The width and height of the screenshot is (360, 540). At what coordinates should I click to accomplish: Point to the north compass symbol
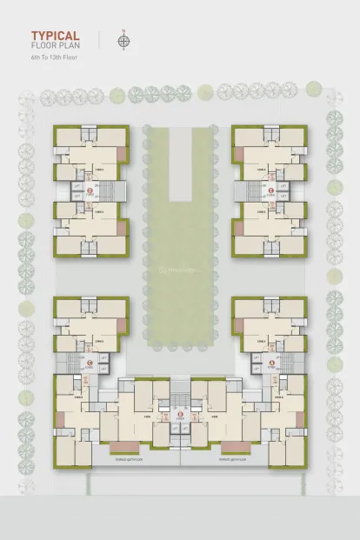click(x=124, y=40)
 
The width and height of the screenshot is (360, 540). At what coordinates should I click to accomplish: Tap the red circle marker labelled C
click(x=87, y=363)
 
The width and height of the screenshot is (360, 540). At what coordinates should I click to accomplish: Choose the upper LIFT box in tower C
click(x=103, y=357)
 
